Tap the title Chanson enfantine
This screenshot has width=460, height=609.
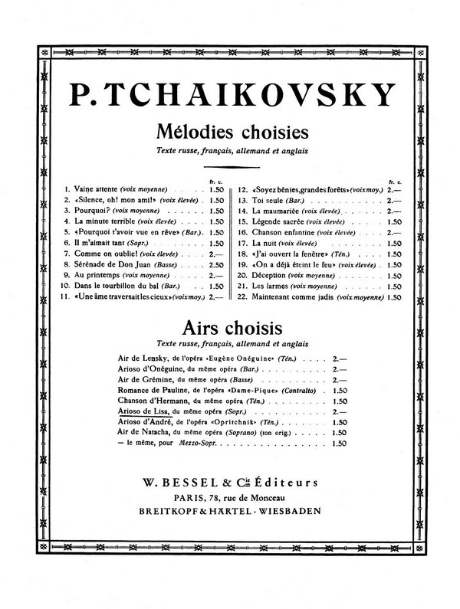[284, 231]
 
